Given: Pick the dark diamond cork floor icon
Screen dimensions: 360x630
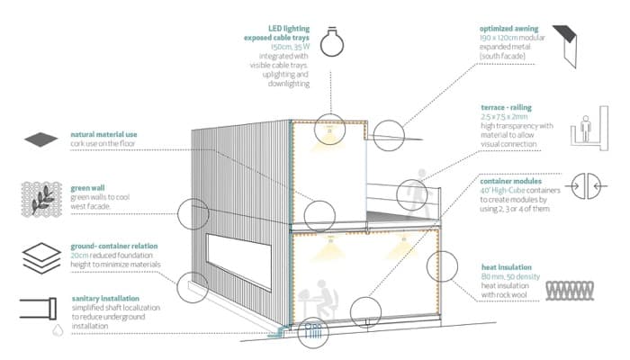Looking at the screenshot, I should [40, 141].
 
